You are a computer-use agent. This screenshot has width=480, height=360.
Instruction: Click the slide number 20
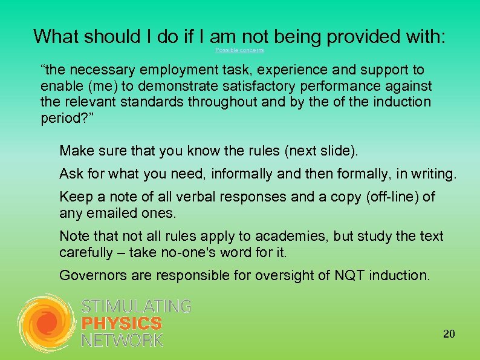click(x=449, y=333)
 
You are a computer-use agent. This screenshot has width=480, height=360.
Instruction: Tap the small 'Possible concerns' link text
click(x=239, y=50)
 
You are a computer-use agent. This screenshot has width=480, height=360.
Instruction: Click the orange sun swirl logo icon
click(x=46, y=324)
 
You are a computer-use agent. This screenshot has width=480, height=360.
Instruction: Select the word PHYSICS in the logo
click(x=122, y=324)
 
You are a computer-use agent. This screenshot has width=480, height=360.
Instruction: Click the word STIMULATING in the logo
click(x=136, y=307)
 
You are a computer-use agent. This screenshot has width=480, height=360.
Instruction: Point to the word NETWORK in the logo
click(x=122, y=340)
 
